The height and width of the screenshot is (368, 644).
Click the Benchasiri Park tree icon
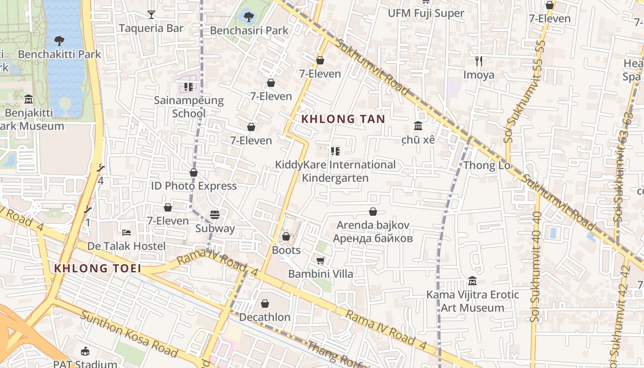point(248,17)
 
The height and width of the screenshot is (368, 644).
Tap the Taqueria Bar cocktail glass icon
point(151,15)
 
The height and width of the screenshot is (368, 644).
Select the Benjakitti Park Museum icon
point(29,99)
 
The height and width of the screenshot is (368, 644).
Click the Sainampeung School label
point(189,107)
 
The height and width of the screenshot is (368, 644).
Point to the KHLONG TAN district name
point(343,119)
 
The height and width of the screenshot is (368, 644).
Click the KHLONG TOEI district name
point(97,268)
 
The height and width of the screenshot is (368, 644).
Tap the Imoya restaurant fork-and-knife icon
point(479,61)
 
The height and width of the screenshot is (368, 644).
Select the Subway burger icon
point(215,215)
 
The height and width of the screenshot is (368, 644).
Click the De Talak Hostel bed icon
point(126,233)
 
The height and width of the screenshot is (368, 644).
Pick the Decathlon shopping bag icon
point(264,304)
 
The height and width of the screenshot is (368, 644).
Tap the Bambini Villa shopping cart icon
point(321,260)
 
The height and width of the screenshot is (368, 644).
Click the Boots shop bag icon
point(286,237)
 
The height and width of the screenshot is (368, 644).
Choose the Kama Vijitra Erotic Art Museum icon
point(472,281)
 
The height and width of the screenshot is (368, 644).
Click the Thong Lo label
point(487,165)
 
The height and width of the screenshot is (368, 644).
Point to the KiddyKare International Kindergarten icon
point(335,151)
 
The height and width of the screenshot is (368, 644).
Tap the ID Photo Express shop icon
point(194,173)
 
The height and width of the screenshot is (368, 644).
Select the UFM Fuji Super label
point(425,13)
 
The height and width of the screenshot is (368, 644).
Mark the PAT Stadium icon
point(85,351)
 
